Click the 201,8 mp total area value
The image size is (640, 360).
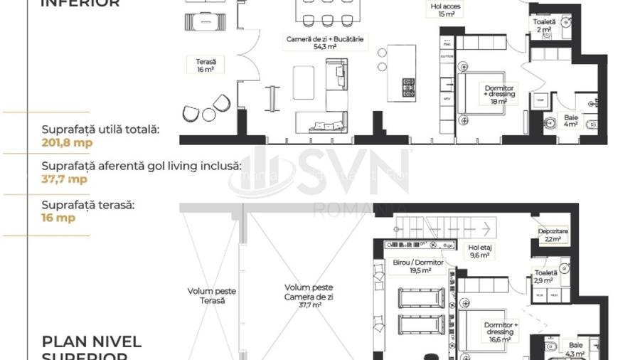[68, 142]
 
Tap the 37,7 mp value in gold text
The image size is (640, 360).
[65, 179]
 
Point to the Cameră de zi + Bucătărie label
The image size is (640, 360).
[325, 43]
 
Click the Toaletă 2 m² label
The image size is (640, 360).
[544, 26]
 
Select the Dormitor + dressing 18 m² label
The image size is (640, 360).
[498, 93]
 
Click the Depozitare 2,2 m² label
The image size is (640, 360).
[553, 235]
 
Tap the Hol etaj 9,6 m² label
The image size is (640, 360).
[480, 251]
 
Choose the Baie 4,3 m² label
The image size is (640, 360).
[573, 349]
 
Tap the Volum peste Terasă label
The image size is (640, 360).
[211, 296]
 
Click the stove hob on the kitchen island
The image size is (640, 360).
[409, 88]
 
